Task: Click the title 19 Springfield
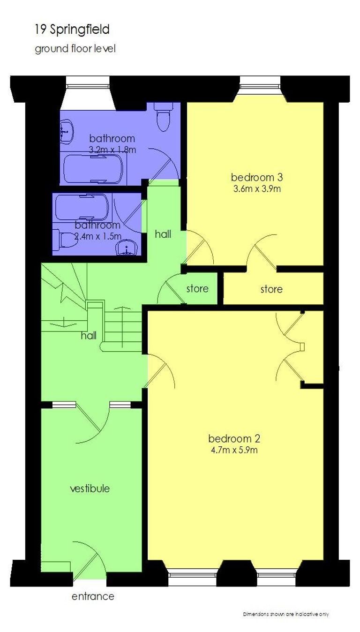point(72,30)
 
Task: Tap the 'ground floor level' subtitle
point(75,49)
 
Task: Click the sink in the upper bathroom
point(67,131)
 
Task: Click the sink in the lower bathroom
point(127,248)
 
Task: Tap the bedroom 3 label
point(257,178)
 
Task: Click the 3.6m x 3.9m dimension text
point(257,189)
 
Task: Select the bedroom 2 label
point(234,438)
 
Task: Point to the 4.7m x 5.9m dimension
point(234,450)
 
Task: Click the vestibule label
point(90,489)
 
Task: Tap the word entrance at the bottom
point(93,596)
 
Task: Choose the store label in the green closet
point(197,289)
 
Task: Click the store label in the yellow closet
point(271,289)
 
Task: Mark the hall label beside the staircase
point(89,336)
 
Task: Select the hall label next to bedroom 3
point(163,234)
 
